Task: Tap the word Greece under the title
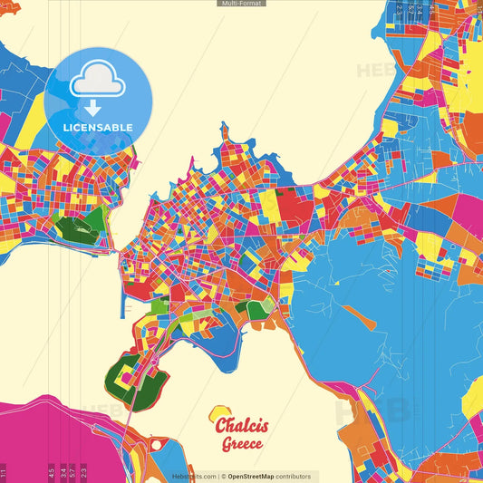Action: point(242,444)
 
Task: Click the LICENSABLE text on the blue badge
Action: point(98,127)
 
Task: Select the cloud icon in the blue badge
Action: point(97,82)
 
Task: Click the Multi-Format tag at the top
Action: point(241,4)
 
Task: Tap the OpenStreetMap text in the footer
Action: point(257,476)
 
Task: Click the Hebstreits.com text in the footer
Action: point(194,476)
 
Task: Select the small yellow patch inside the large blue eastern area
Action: point(336,283)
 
